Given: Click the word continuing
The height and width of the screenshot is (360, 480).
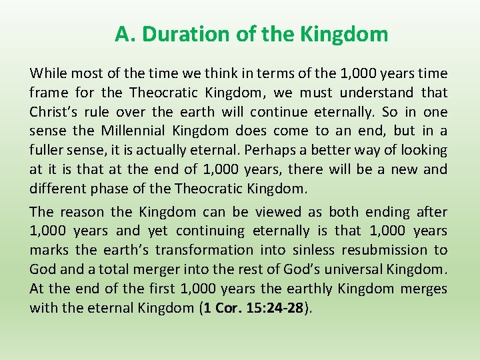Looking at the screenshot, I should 209,231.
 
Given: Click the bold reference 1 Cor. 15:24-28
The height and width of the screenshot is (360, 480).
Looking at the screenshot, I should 258,309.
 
